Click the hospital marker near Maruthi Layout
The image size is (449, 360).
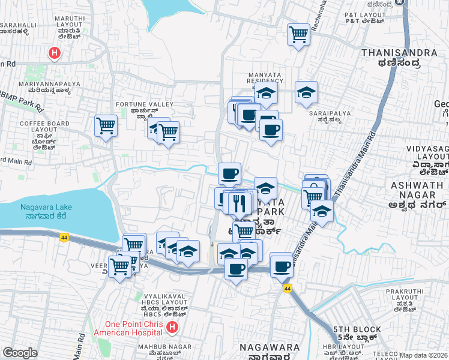pyautogui.click(x=55, y=53)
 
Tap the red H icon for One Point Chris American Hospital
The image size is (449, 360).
pyautogui.click(x=172, y=328)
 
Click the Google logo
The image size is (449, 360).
pyautogui.click(x=20, y=353)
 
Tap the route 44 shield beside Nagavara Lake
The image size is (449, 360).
pyautogui.click(x=64, y=237)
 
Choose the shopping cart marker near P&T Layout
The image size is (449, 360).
pyautogui.click(x=298, y=34)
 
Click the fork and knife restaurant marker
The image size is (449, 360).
pyautogui.click(x=240, y=203)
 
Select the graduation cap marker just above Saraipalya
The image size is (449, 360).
pyautogui.click(x=306, y=92)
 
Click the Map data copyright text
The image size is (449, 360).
pyautogui.click(x=424, y=355)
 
